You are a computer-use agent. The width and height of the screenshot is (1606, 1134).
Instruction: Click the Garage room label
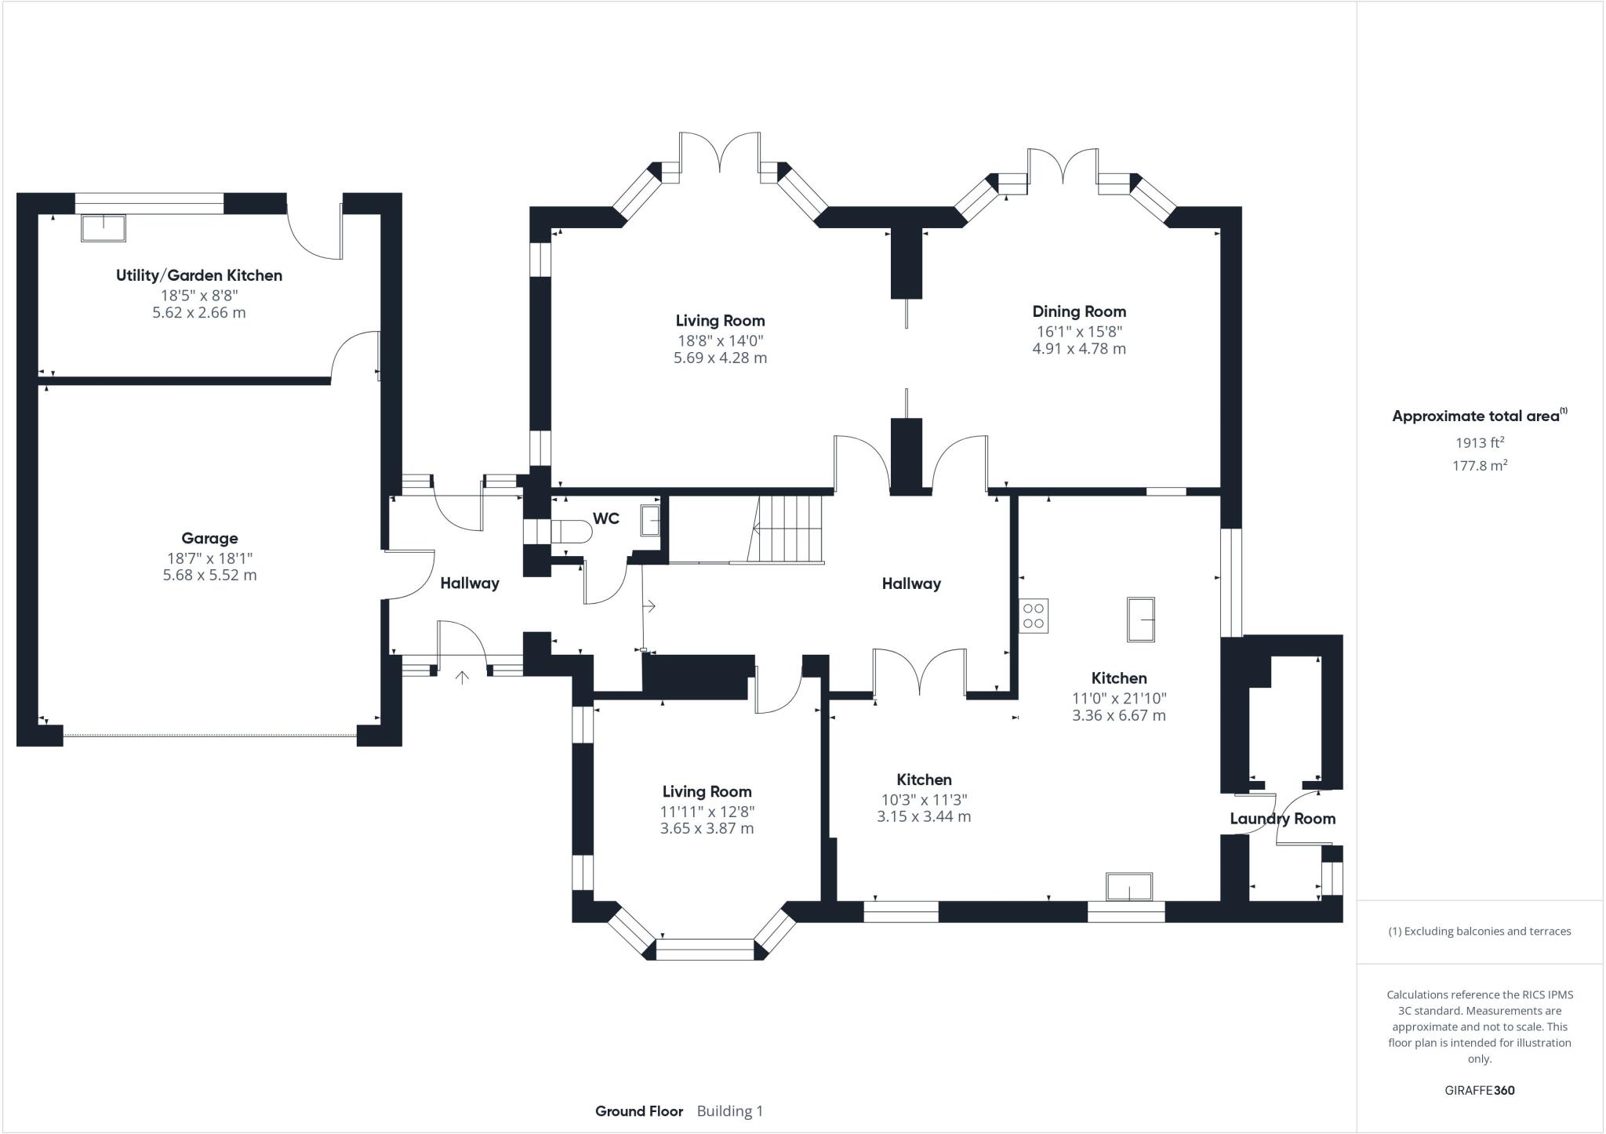click(209, 538)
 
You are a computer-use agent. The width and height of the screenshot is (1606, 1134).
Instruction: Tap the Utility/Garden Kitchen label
click(199, 275)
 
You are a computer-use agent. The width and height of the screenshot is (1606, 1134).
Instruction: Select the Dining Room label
click(1079, 311)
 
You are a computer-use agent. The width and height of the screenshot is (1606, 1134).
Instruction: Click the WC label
click(605, 518)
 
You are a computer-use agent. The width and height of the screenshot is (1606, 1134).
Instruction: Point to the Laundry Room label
click(1282, 819)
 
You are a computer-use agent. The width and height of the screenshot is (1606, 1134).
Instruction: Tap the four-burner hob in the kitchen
click(1034, 616)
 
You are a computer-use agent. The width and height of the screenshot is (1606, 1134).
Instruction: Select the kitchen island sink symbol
click(1141, 620)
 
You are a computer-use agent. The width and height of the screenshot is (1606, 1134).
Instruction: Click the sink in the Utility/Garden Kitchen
click(104, 227)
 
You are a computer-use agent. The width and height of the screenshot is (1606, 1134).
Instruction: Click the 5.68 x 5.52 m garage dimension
click(209, 575)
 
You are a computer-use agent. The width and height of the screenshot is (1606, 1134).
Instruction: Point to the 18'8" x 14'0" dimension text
click(720, 340)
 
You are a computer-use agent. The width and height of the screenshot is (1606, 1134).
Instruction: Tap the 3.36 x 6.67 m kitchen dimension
click(1119, 715)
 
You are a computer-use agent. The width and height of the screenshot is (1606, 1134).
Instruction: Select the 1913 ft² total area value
click(1479, 442)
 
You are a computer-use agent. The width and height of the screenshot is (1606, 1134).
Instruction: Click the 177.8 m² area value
click(1479, 466)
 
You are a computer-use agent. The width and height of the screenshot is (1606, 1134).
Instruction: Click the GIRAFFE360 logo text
click(1479, 1090)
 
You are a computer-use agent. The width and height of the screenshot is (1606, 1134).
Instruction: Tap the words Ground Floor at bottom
click(639, 1111)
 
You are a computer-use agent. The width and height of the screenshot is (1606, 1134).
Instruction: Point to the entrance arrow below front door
click(462, 677)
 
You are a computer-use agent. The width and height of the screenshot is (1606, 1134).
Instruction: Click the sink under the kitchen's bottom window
click(1129, 887)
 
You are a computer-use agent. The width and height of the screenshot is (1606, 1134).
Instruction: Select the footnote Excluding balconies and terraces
click(1479, 932)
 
